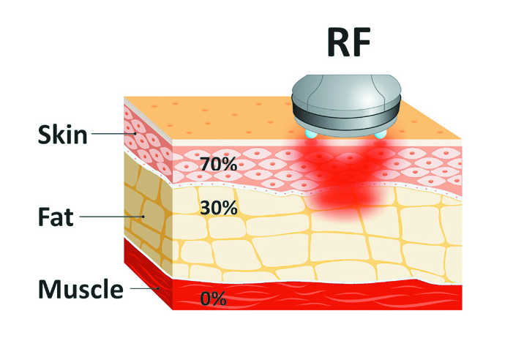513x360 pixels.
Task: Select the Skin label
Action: [x=63, y=135]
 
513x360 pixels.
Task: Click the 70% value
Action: [x=218, y=165]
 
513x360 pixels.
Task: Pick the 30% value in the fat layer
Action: [x=218, y=208]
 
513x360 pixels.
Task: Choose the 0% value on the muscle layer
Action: [x=213, y=299]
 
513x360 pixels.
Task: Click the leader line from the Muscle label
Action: [x=146, y=289]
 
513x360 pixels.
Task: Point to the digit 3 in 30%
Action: [x=205, y=208]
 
